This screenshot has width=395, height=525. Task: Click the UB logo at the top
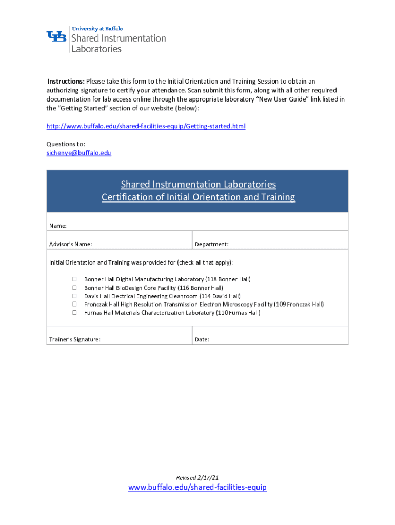[56, 37]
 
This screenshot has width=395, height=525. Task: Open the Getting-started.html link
[146, 126]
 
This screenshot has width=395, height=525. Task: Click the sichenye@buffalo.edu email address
[78, 153]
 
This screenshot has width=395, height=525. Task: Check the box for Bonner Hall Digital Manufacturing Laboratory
[74, 279]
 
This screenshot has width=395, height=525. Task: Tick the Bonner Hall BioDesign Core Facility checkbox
[74, 288]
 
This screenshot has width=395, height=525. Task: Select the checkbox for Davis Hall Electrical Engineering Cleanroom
[74, 296]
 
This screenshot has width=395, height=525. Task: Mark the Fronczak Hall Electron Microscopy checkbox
[74, 304]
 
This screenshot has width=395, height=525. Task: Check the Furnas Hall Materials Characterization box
[74, 312]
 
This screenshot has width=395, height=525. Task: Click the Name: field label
[57, 226]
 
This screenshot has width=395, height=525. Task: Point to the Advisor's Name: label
[71, 244]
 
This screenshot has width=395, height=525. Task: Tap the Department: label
[211, 244]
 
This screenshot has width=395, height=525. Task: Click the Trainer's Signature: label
[74, 339]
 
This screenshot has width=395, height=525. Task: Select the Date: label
[202, 339]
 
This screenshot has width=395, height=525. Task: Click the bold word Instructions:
[66, 81]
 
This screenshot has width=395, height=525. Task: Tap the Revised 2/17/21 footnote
[197, 477]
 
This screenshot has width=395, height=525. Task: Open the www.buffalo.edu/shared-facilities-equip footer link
[197, 487]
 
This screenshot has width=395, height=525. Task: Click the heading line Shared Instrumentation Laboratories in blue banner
[198, 184]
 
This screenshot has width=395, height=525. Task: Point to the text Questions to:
[66, 144]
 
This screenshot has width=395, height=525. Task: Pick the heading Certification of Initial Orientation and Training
[198, 197]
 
